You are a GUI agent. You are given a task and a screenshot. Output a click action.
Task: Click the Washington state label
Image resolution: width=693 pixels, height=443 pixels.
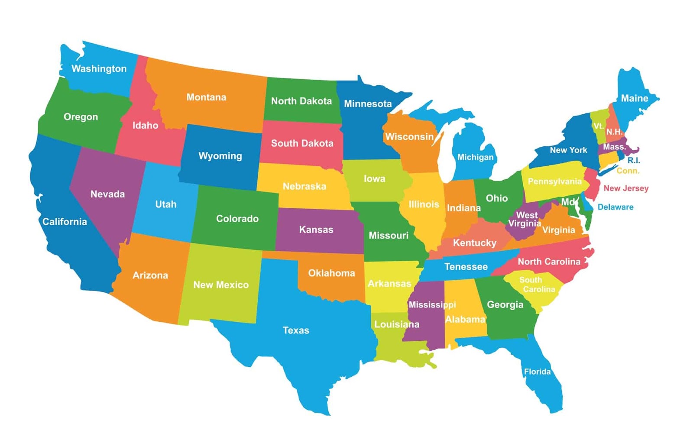tap(99, 68)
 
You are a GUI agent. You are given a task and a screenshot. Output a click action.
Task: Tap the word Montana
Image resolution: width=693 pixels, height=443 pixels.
tap(206, 97)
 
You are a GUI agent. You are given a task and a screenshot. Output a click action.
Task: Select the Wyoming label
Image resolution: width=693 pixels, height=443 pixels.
tap(220, 156)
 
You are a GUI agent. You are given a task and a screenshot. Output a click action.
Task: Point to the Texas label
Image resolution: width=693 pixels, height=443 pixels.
tap(296, 330)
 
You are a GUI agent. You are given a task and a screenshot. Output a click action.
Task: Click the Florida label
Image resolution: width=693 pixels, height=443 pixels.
tap(537, 372)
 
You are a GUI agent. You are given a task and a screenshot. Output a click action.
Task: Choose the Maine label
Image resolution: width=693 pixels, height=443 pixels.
tap(635, 98)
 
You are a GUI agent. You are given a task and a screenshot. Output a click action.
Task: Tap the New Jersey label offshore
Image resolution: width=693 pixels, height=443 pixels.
tap(626, 188)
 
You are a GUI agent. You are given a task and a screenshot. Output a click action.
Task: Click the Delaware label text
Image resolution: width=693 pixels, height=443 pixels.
tap(615, 207)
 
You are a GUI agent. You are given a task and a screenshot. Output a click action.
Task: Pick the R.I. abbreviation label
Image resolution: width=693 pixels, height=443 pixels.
tap(634, 160)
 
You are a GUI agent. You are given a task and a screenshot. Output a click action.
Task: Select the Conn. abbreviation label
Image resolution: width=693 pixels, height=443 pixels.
tap(628, 171)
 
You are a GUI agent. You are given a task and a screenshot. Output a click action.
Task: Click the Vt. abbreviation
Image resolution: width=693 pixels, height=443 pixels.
tap(598, 126)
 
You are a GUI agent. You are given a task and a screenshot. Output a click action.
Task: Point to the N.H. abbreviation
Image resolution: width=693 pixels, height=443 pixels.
tap(614, 132)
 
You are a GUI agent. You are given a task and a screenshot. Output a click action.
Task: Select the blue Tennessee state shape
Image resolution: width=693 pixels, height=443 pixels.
tap(466, 267)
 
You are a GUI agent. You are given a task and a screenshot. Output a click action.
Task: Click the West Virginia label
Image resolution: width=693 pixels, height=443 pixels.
tap(525, 219)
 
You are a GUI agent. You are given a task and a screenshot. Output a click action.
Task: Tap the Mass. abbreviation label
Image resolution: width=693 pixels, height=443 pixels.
tap(614, 147)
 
